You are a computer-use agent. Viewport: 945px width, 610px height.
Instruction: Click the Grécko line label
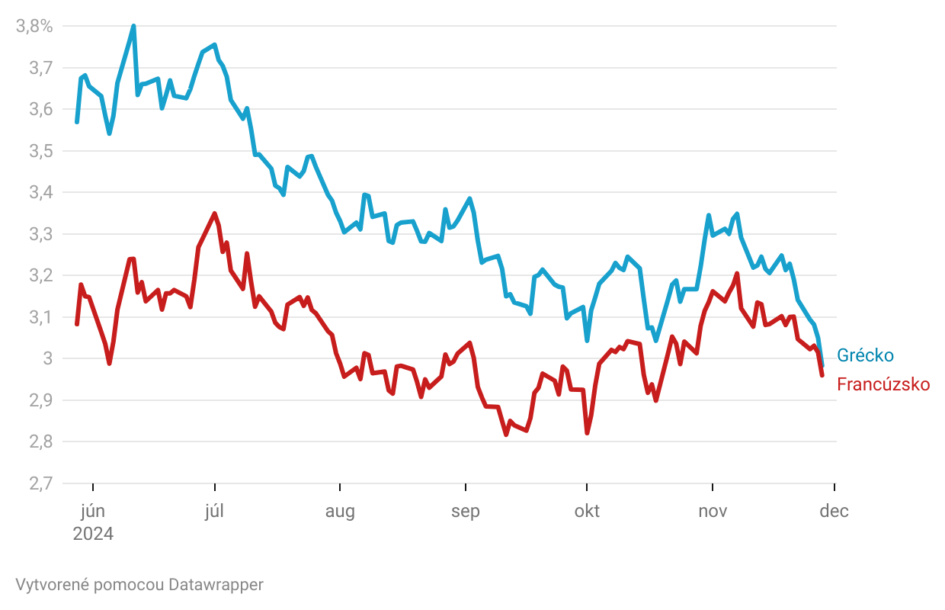[865, 355]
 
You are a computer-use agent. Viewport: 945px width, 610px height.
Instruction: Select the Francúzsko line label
[883, 384]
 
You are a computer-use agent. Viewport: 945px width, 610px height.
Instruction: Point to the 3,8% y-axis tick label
[34, 27]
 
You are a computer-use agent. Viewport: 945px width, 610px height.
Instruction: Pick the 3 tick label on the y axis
[47, 358]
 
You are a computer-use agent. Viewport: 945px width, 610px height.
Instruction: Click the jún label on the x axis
[93, 511]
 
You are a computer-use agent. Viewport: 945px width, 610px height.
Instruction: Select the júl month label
[215, 511]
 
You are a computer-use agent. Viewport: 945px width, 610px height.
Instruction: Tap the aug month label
[340, 511]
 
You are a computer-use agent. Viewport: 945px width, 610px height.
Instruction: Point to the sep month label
[465, 511]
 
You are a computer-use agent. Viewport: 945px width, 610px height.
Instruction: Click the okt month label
[587, 511]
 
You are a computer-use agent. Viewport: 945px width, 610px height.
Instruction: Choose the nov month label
[713, 511]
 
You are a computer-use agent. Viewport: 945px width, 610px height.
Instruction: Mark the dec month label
[834, 511]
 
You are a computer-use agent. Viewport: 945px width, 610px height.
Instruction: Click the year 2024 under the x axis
[93, 534]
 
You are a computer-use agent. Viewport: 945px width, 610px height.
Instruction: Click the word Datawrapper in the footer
[216, 585]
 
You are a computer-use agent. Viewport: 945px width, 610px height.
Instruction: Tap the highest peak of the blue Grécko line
[133, 26]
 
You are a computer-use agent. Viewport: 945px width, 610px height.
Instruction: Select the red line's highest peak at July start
[215, 213]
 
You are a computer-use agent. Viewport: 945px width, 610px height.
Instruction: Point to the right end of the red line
[822, 374]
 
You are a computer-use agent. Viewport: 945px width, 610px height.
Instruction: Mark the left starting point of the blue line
[77, 122]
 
